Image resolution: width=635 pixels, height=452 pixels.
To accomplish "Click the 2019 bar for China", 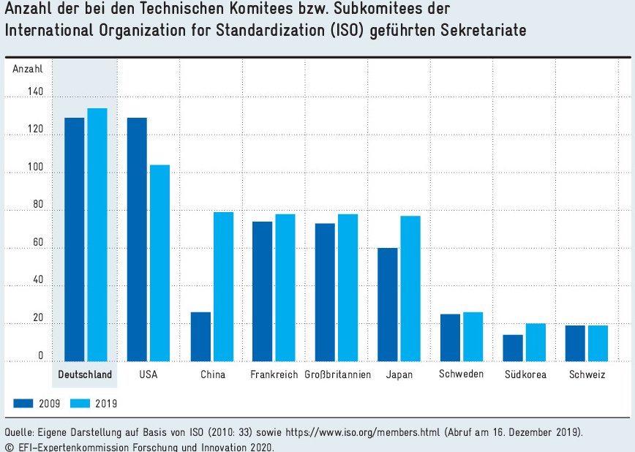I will [x=223, y=287].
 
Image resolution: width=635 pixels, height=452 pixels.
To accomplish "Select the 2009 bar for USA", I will [x=137, y=239].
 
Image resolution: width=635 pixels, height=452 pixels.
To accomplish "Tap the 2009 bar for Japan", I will [x=388, y=304].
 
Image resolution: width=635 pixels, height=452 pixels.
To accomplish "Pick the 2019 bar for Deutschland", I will [x=97, y=235].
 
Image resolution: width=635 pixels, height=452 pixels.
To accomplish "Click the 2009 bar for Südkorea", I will [x=513, y=347].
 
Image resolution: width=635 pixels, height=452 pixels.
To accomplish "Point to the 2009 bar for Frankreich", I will [x=263, y=291].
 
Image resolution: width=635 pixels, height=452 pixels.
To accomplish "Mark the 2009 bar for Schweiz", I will [x=576, y=343].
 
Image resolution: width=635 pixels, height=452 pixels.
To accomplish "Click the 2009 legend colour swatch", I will [x=24, y=402].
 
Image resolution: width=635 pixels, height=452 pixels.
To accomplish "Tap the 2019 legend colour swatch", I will [x=80, y=402].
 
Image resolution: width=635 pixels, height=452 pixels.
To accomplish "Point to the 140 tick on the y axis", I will [x=36, y=92].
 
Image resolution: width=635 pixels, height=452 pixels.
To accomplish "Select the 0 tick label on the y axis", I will [x=41, y=355].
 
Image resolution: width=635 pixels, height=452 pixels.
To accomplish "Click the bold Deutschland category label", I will [x=85, y=374].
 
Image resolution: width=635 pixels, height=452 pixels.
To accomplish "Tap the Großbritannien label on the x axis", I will [x=337, y=374].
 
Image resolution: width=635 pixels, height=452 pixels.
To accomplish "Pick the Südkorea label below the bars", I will [x=524, y=374].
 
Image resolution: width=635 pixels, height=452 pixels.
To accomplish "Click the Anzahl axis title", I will [x=28, y=69].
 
